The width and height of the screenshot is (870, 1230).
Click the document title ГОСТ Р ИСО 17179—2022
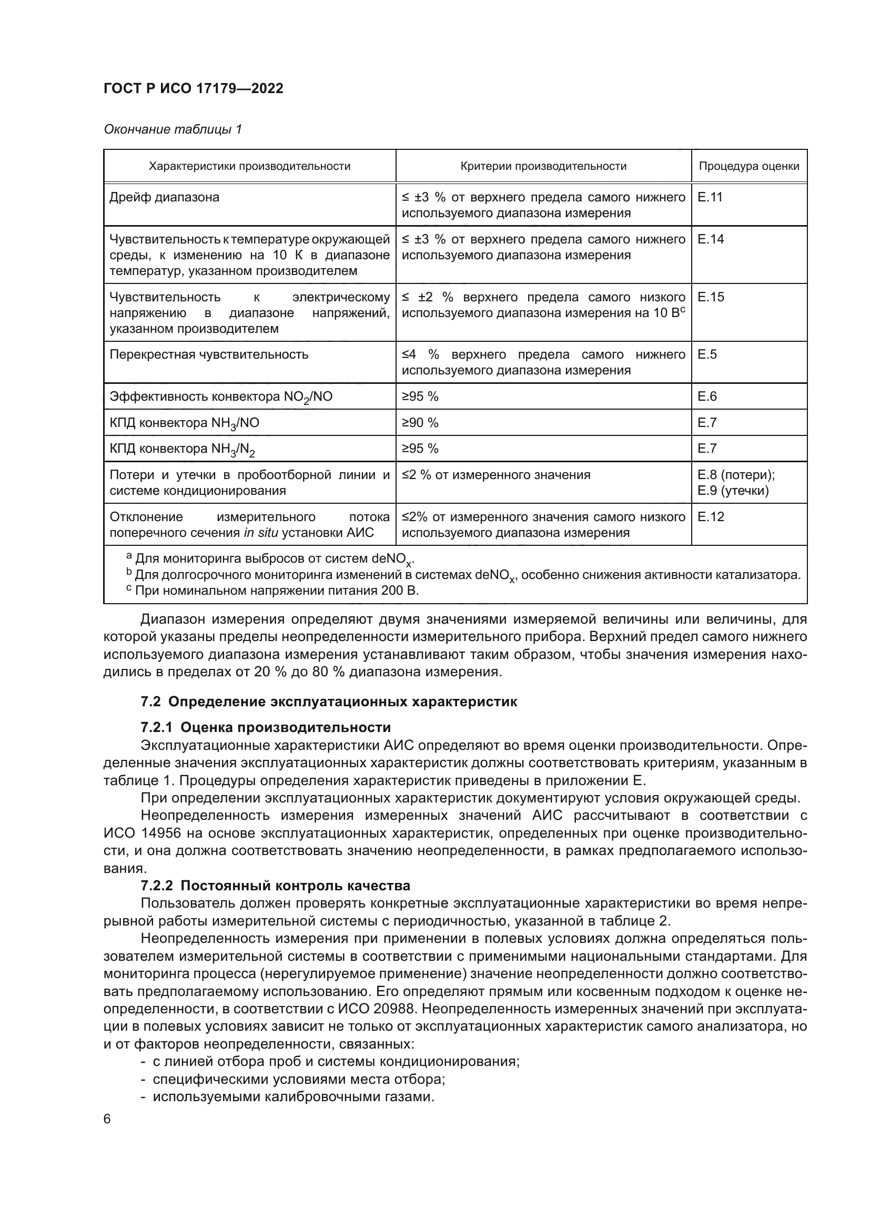tap(194, 88)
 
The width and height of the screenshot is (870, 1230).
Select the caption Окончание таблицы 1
tap(173, 129)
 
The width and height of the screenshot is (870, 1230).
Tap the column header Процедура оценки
tap(748, 166)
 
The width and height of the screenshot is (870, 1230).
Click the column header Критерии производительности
tap(543, 166)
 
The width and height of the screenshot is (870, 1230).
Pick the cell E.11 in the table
tap(710, 197)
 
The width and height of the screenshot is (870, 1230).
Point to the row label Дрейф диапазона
tap(165, 197)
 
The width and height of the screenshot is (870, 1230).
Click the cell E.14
tap(710, 239)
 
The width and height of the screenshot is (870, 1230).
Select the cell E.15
tap(710, 297)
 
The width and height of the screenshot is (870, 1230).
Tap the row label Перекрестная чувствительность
tap(209, 354)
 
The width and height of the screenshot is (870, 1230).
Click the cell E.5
tap(707, 354)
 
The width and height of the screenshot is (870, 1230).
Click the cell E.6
tap(707, 397)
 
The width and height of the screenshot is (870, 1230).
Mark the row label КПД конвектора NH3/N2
tap(182, 449)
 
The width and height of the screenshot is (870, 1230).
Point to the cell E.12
tap(710, 516)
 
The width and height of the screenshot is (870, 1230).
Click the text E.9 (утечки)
tap(733, 490)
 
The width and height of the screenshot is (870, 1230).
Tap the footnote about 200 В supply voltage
tap(276, 591)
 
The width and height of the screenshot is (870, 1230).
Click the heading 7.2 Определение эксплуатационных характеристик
tap(329, 702)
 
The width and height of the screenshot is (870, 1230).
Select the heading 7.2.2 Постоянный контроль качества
tap(275, 886)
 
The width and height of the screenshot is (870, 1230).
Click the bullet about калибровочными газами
tap(292, 1096)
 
